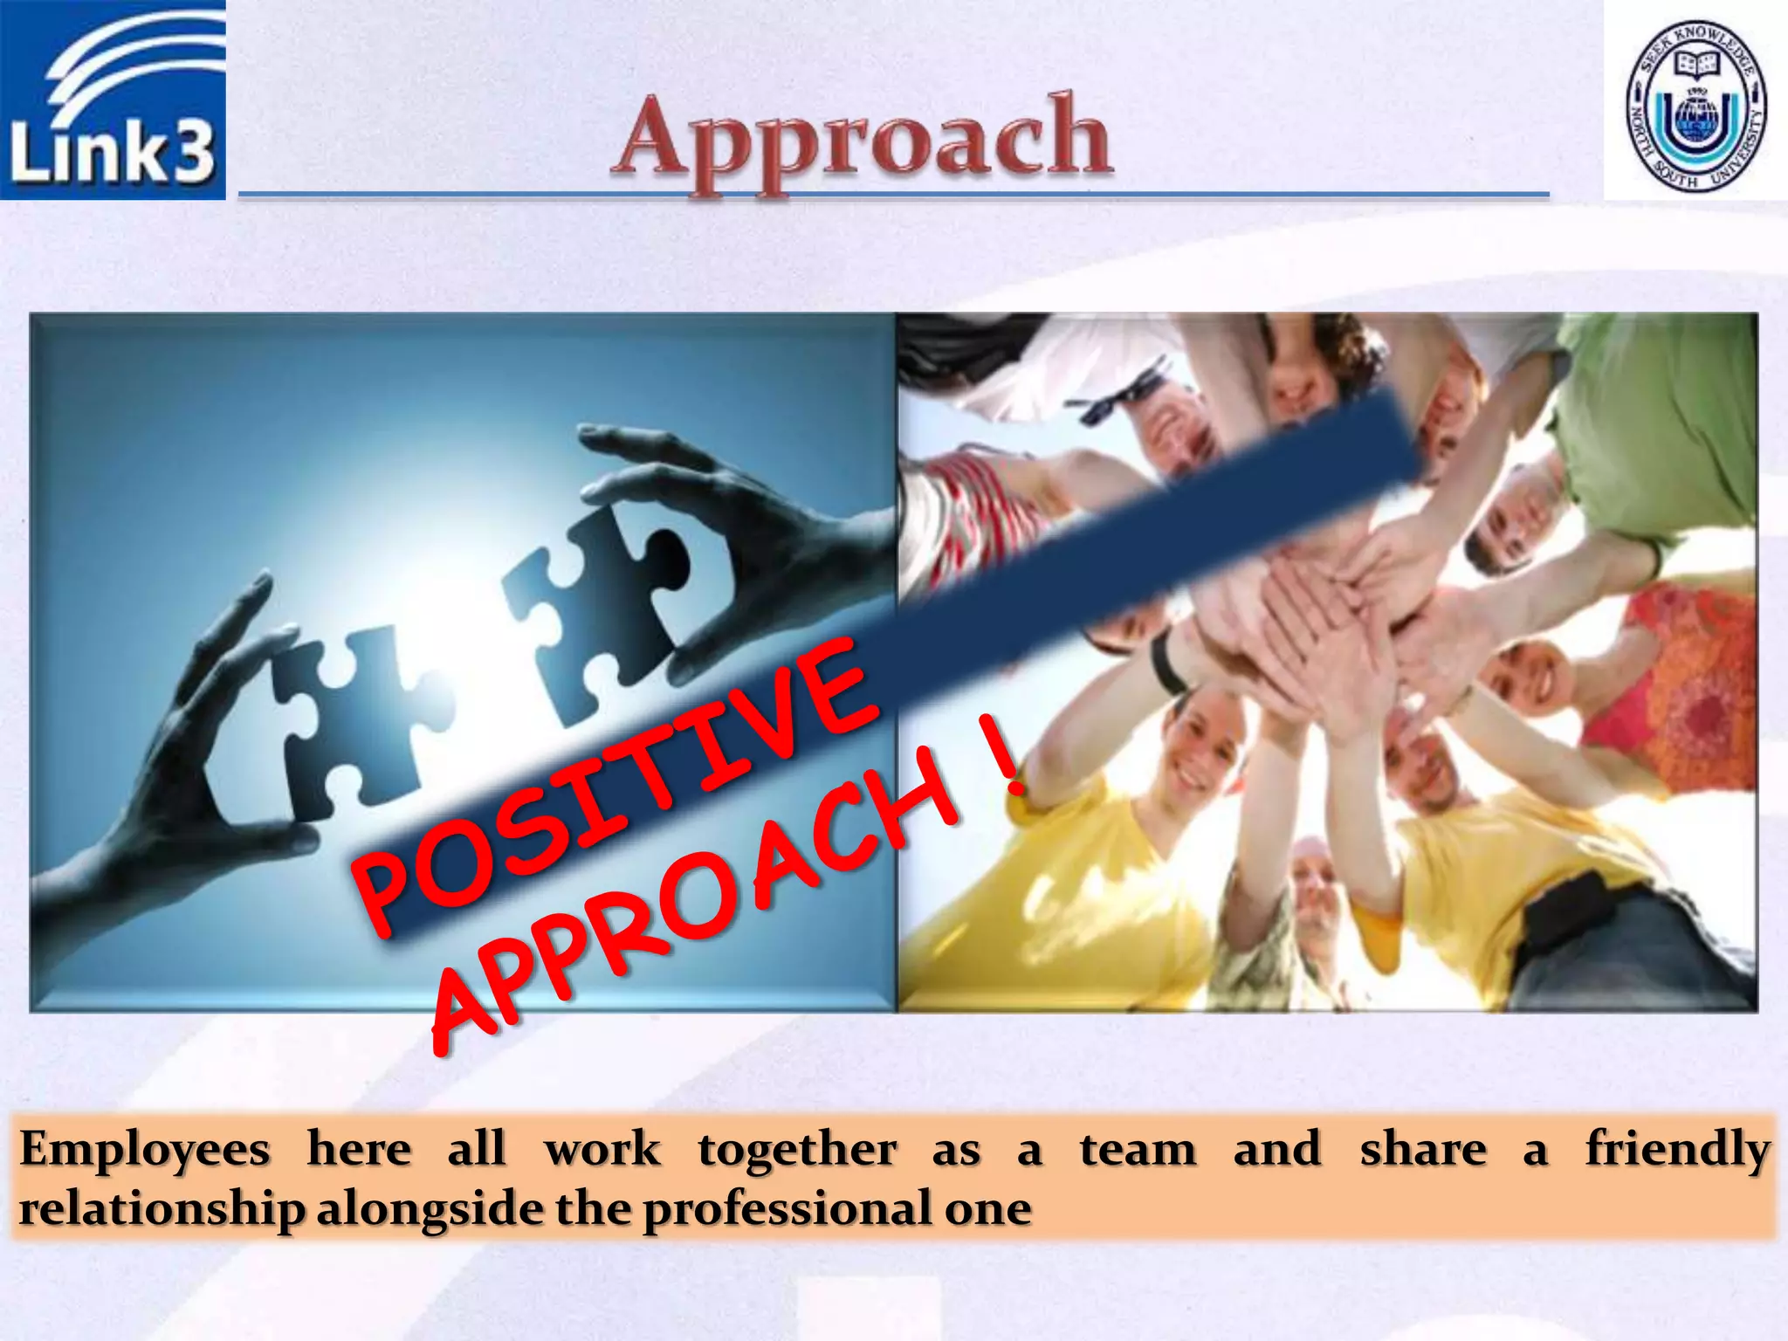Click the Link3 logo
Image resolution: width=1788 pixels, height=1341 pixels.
coord(113,100)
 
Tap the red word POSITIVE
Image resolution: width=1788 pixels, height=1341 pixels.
coord(615,790)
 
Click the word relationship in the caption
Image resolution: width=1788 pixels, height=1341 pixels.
coord(162,1210)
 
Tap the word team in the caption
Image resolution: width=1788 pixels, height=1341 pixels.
coord(1138,1149)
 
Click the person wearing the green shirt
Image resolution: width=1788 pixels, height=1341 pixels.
coord(1641,437)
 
